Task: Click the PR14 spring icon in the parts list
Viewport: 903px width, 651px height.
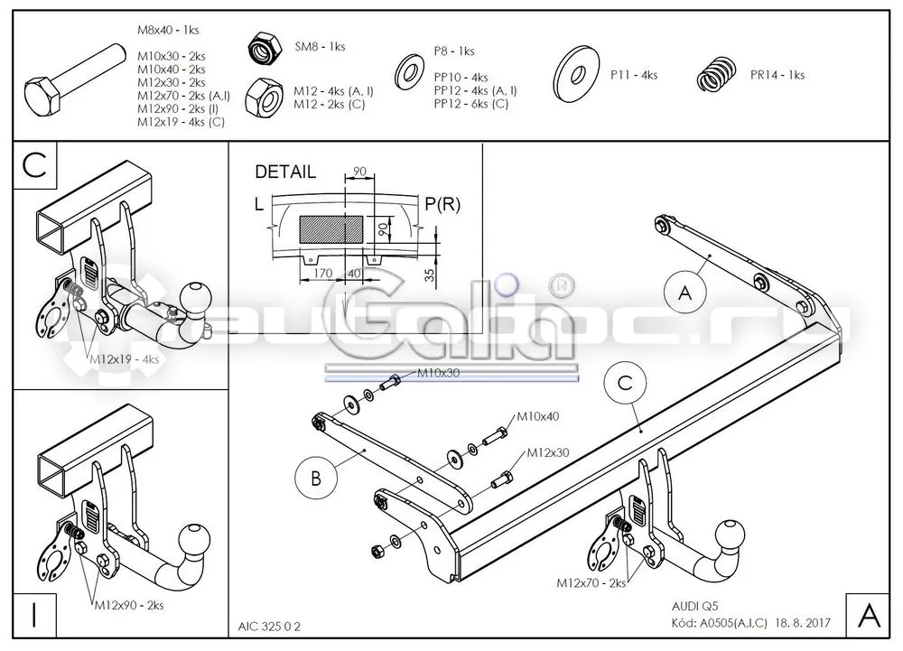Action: click(718, 74)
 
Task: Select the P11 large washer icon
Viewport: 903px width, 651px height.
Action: click(576, 75)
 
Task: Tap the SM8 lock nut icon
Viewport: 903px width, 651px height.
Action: click(265, 49)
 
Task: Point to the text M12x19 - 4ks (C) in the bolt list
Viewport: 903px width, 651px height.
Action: click(181, 122)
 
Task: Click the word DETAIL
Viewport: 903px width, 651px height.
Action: click(285, 172)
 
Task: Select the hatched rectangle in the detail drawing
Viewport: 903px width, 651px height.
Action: click(331, 229)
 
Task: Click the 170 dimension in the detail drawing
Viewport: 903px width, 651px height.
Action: click(322, 273)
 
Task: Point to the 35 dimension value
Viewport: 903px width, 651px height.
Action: click(430, 274)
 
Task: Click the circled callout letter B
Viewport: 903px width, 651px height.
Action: click(315, 478)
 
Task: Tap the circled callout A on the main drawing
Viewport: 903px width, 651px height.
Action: click(684, 293)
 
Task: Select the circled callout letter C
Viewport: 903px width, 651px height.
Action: click(626, 384)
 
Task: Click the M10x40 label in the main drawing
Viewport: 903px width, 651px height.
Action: click(538, 416)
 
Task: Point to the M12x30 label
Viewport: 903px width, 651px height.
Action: click(548, 453)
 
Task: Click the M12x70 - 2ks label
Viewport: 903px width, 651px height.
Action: click(591, 583)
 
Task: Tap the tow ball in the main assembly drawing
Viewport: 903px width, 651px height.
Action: click(730, 535)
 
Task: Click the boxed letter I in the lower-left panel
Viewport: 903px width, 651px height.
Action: click(34, 615)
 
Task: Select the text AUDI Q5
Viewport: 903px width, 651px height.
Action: click(694, 606)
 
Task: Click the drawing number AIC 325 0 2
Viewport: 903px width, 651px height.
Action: click(269, 627)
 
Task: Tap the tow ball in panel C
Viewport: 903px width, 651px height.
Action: click(196, 298)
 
